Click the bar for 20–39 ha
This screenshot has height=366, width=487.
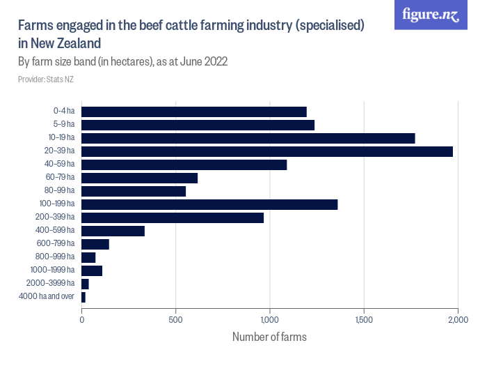[267, 151]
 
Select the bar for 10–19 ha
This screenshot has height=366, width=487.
[248, 138]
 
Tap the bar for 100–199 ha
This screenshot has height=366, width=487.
[209, 204]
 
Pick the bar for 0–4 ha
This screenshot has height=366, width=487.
[194, 112]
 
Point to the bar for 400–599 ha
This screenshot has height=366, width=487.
[113, 231]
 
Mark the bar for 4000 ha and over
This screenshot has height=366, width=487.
[83, 297]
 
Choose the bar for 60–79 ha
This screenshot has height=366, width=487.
[140, 178]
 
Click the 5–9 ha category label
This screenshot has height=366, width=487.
[63, 125]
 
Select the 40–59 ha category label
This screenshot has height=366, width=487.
[61, 165]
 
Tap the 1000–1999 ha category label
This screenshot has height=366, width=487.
[53, 270]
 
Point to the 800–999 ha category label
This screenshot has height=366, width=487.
[56, 257]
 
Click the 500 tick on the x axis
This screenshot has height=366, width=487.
[176, 320]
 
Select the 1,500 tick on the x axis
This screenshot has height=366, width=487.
[364, 320]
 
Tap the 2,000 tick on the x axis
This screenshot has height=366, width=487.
[457, 320]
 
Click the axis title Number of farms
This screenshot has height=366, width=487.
[269, 337]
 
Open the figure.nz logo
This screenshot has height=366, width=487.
[431, 15]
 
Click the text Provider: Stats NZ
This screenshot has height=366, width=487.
[45, 79]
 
